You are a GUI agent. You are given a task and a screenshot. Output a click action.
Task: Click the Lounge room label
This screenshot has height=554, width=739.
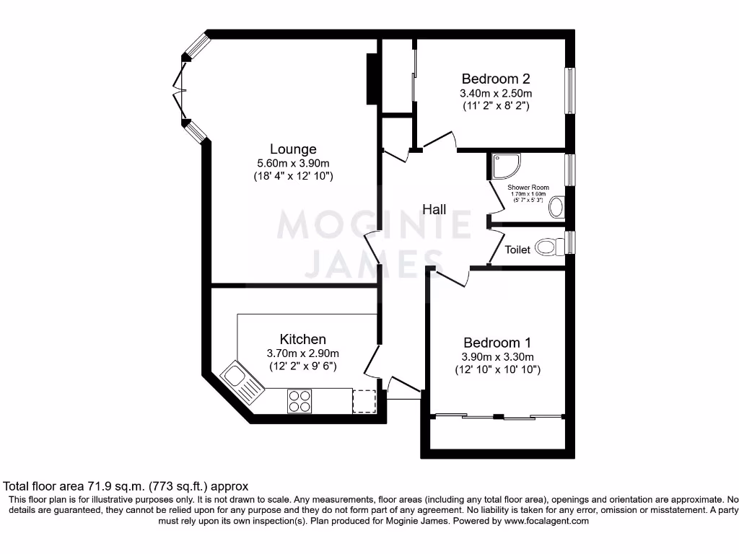point(293,149)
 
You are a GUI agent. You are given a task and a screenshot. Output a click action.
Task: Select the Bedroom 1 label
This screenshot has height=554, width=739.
point(497,343)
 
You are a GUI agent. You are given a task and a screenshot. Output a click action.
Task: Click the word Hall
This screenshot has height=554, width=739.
point(434,210)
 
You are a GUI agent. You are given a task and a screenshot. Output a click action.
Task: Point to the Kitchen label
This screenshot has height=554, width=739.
point(302,339)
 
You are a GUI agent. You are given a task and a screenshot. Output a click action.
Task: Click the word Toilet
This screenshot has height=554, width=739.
point(517,250)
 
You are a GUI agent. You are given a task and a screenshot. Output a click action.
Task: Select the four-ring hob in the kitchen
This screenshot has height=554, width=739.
point(299,400)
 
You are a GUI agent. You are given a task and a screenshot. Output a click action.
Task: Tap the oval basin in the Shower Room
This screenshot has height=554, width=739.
point(556,209)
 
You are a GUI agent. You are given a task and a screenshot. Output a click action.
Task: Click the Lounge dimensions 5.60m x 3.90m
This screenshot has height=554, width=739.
point(293,163)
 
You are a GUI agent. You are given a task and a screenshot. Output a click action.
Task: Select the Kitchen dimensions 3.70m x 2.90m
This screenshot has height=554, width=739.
point(302,353)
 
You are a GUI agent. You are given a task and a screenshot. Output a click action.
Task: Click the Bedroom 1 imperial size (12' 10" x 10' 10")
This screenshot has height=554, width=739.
point(497,370)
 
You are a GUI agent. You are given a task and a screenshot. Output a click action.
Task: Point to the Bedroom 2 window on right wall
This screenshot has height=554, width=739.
point(570,90)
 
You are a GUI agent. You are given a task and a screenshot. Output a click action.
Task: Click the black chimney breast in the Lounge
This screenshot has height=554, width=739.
point(372,79)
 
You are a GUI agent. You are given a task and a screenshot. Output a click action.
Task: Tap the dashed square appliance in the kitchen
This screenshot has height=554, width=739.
point(364,401)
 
